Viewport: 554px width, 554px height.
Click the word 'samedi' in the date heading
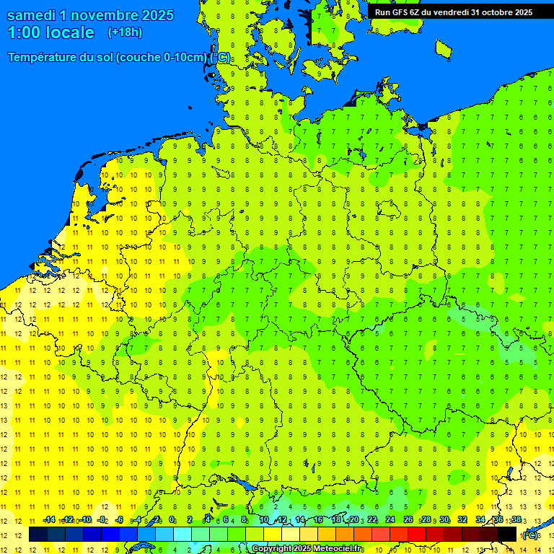[33, 15]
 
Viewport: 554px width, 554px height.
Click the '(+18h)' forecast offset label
[125, 32]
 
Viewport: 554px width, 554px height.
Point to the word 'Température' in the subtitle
[45, 58]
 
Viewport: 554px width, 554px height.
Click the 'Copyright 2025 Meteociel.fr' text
[307, 549]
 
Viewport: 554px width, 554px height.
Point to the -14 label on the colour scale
[49, 519]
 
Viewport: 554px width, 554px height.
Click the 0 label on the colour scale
[172, 519]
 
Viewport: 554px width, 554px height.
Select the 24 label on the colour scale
[390, 519]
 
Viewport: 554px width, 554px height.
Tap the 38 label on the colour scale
[516, 519]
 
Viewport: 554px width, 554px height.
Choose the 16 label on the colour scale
[318, 519]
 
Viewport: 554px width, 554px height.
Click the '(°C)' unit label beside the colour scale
[530, 535]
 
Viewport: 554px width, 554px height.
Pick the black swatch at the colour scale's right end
[507, 535]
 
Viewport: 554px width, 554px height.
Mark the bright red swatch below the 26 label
[416, 535]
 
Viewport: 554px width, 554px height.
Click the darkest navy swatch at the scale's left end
[38, 535]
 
